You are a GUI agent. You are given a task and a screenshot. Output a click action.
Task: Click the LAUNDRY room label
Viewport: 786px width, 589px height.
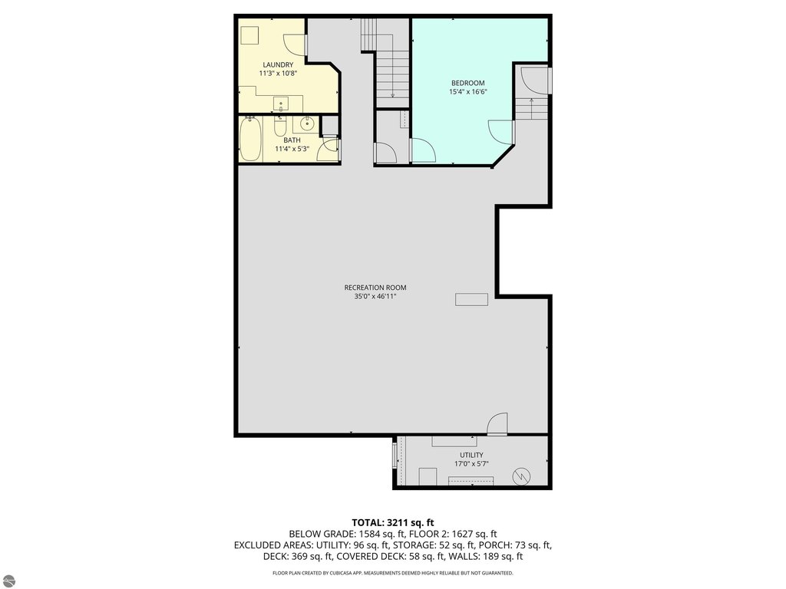[x=278, y=64]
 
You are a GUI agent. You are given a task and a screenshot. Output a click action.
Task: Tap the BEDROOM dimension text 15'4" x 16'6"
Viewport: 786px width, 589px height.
[x=468, y=92]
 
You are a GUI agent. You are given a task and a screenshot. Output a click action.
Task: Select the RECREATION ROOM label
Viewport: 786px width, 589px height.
[x=375, y=288]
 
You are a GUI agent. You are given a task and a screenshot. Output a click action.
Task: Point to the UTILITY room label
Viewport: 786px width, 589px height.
[x=472, y=455]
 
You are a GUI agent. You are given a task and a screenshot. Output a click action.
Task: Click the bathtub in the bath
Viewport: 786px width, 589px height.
[x=250, y=139]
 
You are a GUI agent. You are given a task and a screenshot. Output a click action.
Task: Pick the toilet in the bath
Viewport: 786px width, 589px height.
[x=280, y=127]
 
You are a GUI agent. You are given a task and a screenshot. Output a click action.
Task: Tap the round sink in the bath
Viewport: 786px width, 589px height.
[x=307, y=123]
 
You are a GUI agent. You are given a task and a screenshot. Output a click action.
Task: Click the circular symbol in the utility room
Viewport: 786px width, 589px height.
[x=522, y=476]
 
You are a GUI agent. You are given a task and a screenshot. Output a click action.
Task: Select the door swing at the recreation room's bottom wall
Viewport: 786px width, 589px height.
[x=497, y=423]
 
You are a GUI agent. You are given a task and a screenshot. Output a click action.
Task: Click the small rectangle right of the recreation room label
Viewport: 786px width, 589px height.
[x=471, y=299]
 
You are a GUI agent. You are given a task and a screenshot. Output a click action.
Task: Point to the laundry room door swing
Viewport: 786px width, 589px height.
[x=294, y=44]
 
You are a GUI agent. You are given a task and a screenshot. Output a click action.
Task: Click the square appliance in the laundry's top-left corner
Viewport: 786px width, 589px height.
[x=249, y=35]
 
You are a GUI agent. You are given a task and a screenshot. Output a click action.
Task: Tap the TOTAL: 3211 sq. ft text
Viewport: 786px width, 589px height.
[x=392, y=523]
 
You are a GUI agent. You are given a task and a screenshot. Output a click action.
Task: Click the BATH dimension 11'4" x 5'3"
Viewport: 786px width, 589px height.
[x=292, y=149]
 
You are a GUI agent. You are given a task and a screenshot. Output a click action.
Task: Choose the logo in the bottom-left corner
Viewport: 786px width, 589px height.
[x=8, y=581]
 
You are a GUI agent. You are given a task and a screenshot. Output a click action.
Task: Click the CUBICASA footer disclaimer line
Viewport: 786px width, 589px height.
[x=392, y=573]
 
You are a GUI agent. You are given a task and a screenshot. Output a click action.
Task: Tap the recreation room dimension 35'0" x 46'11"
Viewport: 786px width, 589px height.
[x=375, y=296]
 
